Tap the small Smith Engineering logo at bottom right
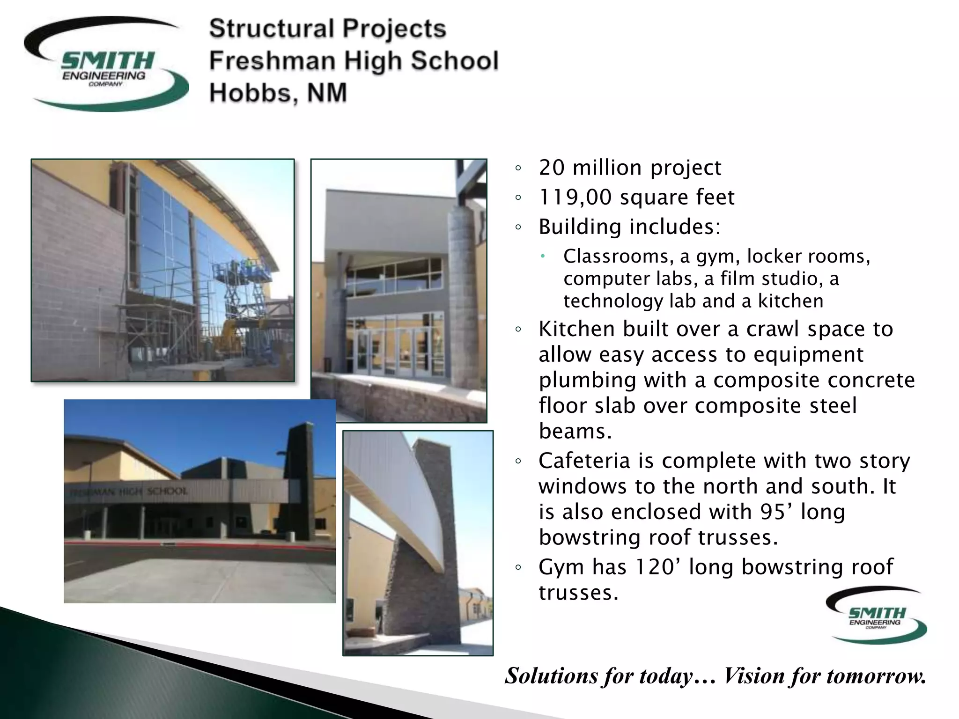click(x=876, y=615)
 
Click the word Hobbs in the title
click(x=253, y=93)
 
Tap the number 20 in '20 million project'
click(x=552, y=168)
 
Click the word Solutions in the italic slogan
click(x=553, y=676)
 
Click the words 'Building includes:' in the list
click(x=629, y=227)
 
